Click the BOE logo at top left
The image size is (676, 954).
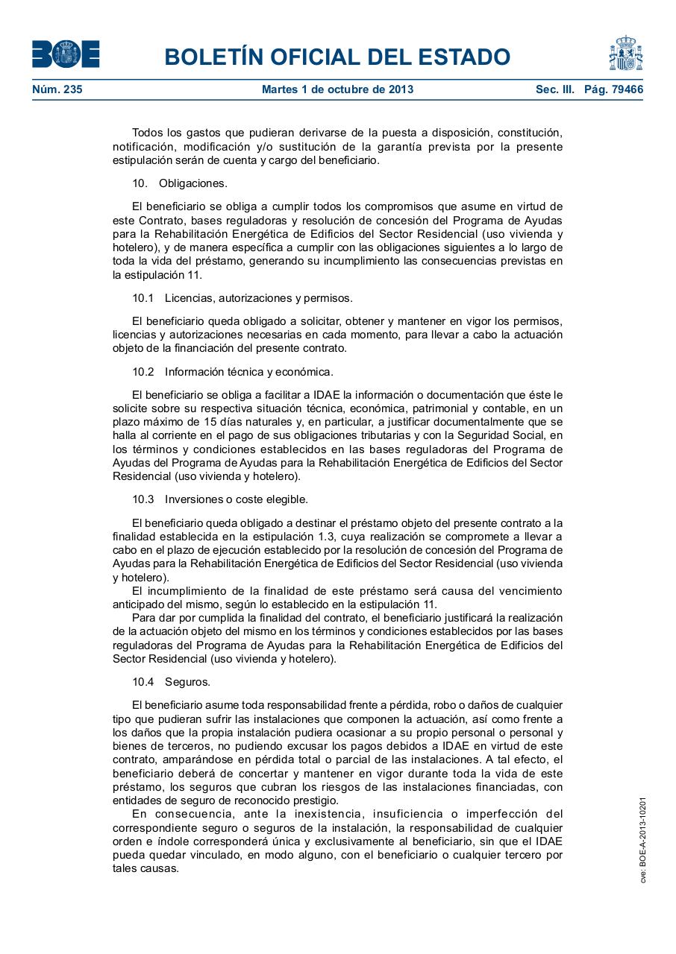(66, 54)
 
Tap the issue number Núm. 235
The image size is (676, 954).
(57, 89)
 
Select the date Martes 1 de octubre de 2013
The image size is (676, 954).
(337, 89)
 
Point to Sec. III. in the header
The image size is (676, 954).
(554, 89)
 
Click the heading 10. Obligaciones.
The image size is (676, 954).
(180, 183)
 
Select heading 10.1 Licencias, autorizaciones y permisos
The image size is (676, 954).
(242, 298)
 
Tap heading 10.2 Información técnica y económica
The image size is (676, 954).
(233, 371)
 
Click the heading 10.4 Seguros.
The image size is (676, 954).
(172, 681)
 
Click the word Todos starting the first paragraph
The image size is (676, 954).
(147, 133)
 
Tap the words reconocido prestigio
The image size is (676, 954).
(297, 800)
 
